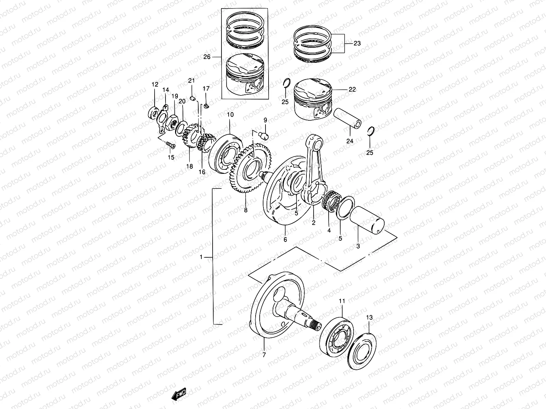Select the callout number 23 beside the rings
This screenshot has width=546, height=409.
pyautogui.click(x=357, y=44)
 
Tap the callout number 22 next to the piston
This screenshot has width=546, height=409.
pyautogui.click(x=352, y=90)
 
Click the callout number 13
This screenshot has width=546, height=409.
pyautogui.click(x=370, y=317)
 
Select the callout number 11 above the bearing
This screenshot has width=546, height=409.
pyautogui.click(x=342, y=301)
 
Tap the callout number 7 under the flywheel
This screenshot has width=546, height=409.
pyautogui.click(x=264, y=354)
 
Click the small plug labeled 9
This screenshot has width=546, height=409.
pyautogui.click(x=265, y=136)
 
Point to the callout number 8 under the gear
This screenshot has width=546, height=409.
pyautogui.click(x=246, y=210)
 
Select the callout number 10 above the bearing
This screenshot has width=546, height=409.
pyautogui.click(x=230, y=115)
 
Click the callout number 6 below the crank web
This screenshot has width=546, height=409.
pyautogui.click(x=285, y=240)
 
